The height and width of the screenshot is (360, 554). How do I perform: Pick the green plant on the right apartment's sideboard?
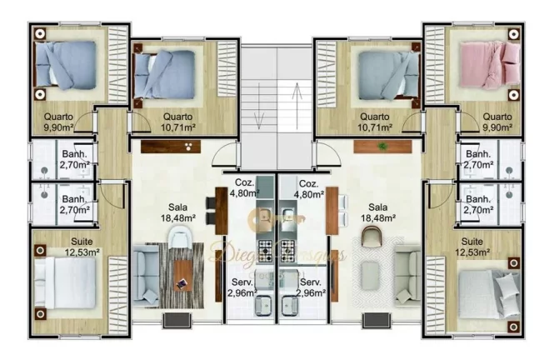382,147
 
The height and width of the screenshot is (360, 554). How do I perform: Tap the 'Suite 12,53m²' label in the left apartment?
81,246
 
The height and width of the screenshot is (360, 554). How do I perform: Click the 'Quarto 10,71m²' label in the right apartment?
373,122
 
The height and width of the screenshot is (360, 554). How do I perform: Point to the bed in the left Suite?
69,285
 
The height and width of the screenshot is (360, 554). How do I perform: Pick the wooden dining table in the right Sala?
332,210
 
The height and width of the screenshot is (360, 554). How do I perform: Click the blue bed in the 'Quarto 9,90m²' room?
70,65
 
